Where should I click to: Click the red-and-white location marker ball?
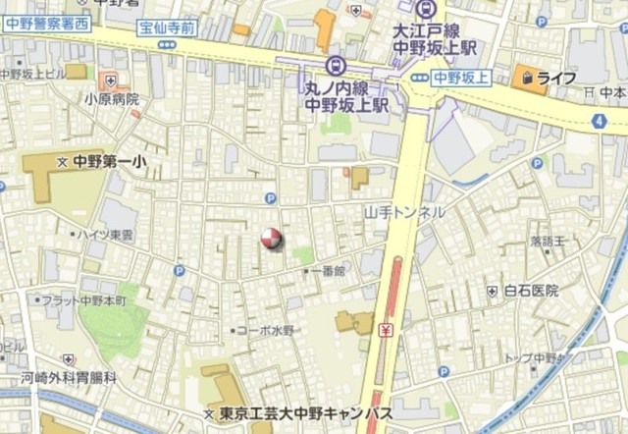(x=270, y=238)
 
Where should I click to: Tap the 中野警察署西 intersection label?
(x=46, y=23)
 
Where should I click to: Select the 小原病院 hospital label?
(x=111, y=98)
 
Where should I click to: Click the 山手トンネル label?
(x=404, y=212)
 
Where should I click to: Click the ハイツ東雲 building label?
(x=107, y=236)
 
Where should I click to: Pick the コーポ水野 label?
(x=264, y=331)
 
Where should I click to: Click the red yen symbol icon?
(x=387, y=330)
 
